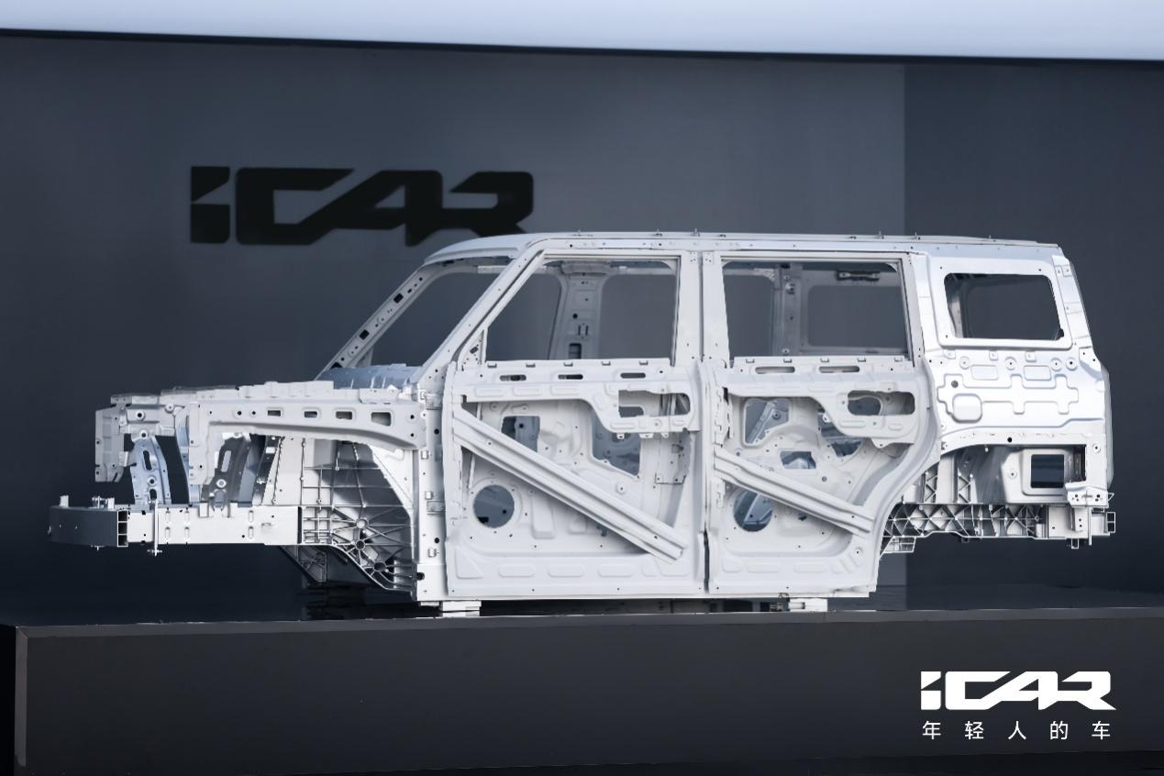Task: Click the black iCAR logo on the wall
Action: [361, 205]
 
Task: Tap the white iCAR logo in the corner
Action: [1017, 691]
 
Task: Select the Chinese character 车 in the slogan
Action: [1100, 731]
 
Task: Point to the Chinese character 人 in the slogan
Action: [1017, 731]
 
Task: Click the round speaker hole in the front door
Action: [494, 505]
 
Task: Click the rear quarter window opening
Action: [1003, 306]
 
